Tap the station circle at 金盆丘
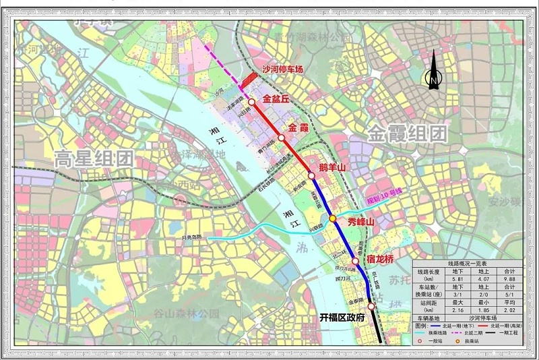pyautogui.click(x=251, y=102)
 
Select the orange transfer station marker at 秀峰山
pyautogui.click(x=332, y=218)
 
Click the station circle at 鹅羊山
pyautogui.click(x=311, y=176)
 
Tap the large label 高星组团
pyautogui.click(x=94, y=159)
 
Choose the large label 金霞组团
pyautogui.click(x=407, y=133)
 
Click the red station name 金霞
pyautogui.click(x=297, y=127)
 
